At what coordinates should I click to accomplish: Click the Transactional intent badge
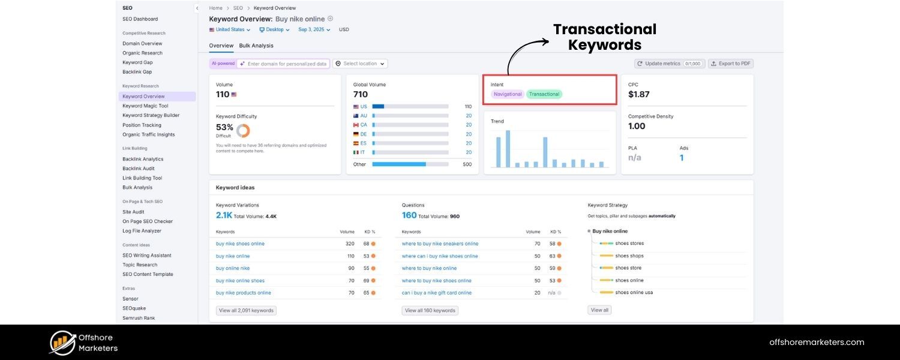(x=544, y=94)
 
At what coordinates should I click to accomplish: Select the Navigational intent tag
(x=508, y=94)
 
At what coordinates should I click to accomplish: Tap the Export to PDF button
(x=731, y=64)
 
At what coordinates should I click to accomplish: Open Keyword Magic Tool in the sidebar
(x=145, y=106)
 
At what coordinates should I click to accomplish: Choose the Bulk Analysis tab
(x=256, y=46)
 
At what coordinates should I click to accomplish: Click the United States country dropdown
(x=230, y=29)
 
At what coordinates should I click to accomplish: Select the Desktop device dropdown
(x=274, y=29)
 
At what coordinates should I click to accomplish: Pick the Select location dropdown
(x=360, y=64)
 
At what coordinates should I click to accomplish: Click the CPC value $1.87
(x=639, y=94)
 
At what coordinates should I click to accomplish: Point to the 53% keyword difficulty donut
(x=243, y=130)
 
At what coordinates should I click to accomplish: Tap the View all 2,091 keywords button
(x=246, y=311)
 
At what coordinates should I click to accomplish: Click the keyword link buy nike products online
(x=244, y=293)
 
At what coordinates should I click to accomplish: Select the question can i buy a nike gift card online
(x=437, y=293)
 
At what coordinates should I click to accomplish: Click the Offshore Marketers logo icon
(x=62, y=343)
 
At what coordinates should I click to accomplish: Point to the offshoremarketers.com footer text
(x=817, y=343)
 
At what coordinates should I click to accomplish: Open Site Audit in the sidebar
(x=133, y=212)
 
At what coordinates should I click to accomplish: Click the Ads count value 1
(x=682, y=158)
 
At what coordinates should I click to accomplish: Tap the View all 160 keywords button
(x=430, y=311)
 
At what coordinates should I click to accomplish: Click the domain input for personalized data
(x=287, y=64)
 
